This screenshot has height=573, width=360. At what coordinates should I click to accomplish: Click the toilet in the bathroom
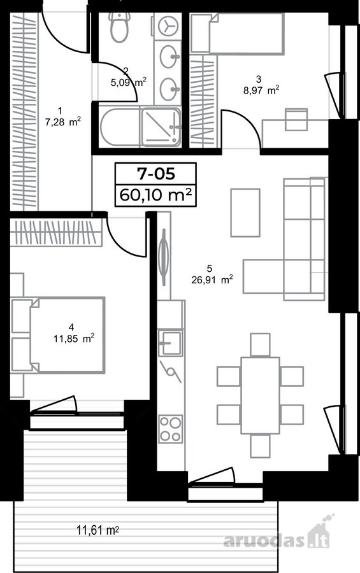(120, 27)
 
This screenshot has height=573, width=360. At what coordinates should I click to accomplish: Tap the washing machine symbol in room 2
(168, 25)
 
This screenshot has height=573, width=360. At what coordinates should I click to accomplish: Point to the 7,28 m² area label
(63, 122)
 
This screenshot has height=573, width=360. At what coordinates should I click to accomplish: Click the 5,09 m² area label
(129, 82)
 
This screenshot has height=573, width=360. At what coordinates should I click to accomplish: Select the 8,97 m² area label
(262, 90)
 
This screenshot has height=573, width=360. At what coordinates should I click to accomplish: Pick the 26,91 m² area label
(212, 280)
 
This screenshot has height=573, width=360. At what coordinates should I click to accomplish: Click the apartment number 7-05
(156, 174)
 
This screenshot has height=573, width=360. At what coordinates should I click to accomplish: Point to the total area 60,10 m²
(156, 195)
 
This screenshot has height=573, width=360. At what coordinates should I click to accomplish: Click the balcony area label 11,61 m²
(97, 530)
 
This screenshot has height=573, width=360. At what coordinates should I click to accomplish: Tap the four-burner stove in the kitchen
(171, 429)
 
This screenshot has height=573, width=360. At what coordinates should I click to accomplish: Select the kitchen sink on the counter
(171, 343)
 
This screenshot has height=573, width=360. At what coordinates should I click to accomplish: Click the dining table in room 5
(260, 395)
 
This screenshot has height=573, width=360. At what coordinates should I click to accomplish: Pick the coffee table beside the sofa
(245, 212)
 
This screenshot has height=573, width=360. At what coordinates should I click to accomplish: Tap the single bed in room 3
(237, 34)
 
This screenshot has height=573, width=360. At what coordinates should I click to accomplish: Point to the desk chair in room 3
(297, 119)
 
